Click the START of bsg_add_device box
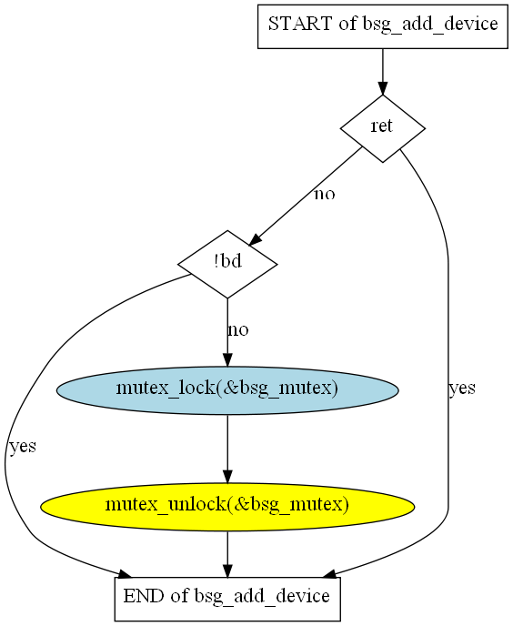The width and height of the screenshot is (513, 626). click(x=382, y=26)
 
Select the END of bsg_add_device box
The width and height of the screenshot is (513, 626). click(x=227, y=599)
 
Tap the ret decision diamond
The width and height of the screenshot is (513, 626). click(x=382, y=128)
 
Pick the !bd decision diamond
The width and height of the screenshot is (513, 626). click(x=227, y=264)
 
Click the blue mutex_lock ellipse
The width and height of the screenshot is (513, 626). click(x=227, y=390)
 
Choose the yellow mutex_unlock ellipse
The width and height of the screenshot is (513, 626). click(x=227, y=507)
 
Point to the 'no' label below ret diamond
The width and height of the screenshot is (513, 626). click(x=325, y=195)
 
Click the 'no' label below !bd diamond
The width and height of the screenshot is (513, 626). click(x=238, y=330)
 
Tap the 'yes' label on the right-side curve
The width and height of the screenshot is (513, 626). click(x=462, y=388)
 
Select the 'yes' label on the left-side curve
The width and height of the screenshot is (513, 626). click(x=23, y=447)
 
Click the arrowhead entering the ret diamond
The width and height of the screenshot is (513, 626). click(x=382, y=88)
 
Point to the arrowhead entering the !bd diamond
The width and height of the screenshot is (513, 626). click(x=255, y=239)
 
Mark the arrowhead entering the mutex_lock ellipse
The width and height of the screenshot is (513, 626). click(x=227, y=360)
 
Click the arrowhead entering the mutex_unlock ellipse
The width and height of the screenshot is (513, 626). click(x=227, y=477)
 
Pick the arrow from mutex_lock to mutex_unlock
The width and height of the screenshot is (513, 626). click(x=227, y=449)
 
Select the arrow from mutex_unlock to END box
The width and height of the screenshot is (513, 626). click(x=227, y=554)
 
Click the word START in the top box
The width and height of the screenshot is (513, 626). click(x=300, y=24)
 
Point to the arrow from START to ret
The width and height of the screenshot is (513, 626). click(x=382, y=72)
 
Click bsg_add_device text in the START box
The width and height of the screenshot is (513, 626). click(x=430, y=25)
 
